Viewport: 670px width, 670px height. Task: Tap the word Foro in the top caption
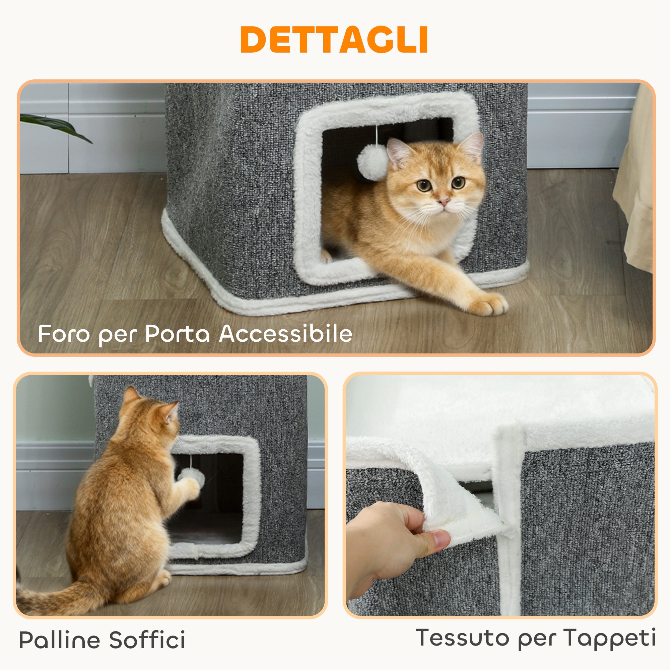point(63,334)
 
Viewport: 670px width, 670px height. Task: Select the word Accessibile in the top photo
point(286,334)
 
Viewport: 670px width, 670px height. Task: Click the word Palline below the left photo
point(59,640)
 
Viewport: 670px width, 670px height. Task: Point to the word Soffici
point(147,640)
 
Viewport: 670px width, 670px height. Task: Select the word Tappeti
point(609,638)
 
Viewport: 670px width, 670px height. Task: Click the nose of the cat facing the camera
point(444,201)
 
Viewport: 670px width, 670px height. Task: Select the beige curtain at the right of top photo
point(634,194)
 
